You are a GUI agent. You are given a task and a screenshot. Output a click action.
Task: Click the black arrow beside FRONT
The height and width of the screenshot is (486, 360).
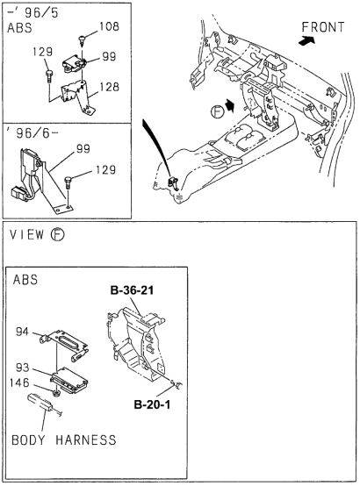[308, 39]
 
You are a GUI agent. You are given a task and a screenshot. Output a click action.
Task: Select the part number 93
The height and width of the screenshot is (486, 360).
[25, 368]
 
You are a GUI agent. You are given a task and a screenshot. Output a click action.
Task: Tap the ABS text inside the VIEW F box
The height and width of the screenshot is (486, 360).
[30, 282]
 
